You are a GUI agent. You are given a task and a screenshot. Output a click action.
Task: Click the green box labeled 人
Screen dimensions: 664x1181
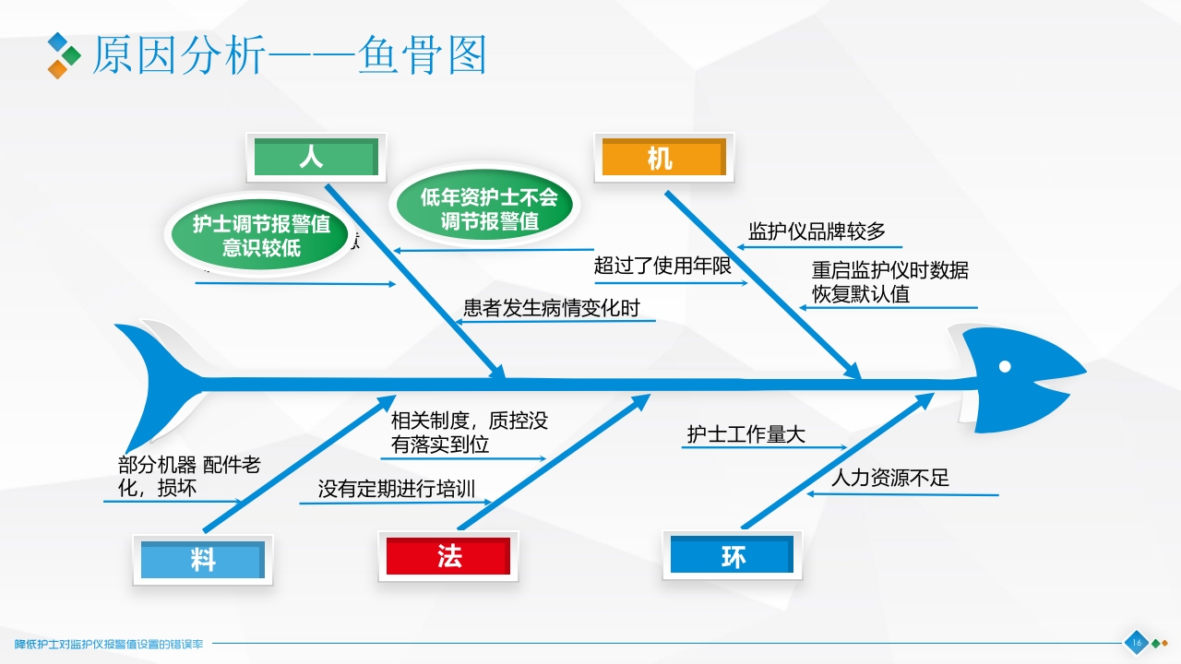316,158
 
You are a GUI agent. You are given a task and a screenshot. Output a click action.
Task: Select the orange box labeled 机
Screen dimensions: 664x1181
662,158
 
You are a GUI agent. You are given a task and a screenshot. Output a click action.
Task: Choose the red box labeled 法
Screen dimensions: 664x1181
448,555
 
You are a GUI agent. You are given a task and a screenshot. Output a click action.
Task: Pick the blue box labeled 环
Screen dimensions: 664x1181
733,555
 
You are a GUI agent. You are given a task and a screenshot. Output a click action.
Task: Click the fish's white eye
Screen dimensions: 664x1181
1005,366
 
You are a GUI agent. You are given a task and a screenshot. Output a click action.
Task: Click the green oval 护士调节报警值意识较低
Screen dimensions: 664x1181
261,234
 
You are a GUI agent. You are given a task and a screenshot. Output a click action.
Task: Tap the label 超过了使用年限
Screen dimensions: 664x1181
662,267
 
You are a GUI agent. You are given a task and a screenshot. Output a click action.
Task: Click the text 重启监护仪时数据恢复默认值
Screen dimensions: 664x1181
889,282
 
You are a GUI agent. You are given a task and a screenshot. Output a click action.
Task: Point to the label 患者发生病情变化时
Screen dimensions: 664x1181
551,308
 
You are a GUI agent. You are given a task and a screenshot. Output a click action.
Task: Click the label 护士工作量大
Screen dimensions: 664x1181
746,434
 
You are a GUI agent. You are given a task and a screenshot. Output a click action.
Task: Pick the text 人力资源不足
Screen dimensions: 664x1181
889,478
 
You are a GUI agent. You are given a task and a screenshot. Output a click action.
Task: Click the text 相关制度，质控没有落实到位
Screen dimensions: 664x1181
469,433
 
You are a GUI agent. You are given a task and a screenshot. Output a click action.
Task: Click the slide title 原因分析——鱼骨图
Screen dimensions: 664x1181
288,55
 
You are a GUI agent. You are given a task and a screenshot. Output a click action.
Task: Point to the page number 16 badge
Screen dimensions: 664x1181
1136,643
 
